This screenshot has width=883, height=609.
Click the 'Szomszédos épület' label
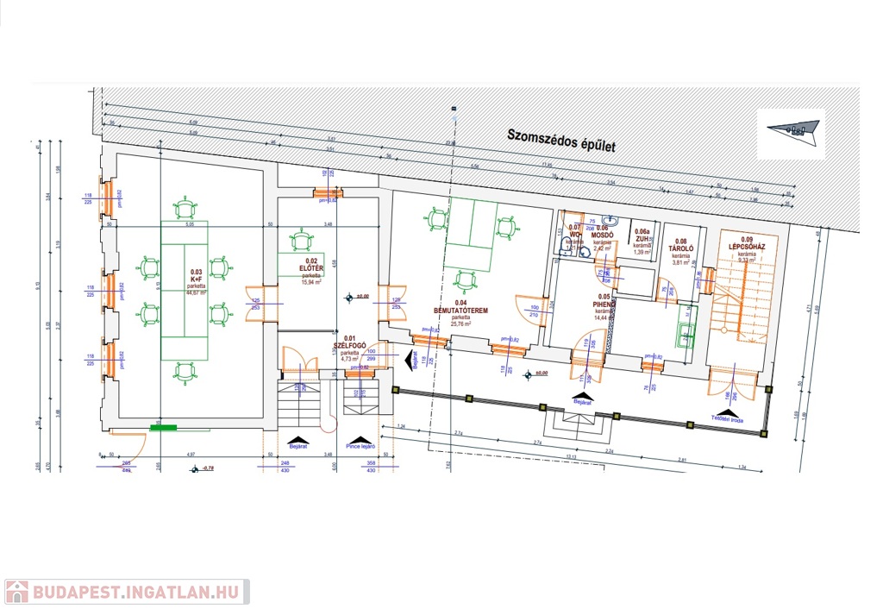tap(560, 140)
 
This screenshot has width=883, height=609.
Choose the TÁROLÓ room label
tap(682, 250)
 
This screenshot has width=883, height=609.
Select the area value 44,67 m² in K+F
tap(196, 292)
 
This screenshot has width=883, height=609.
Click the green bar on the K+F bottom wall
tap(163, 426)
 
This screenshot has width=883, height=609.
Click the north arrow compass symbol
tap(792, 130)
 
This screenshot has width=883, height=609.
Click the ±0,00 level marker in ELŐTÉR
tap(349, 298)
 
